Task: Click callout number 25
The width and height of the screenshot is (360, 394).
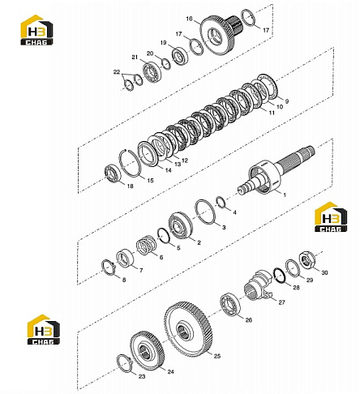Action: coord(217,356)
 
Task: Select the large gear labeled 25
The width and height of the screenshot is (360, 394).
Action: coord(188,329)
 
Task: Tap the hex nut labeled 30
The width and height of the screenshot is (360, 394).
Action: coord(306,259)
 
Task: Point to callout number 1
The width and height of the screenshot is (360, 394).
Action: coord(284,195)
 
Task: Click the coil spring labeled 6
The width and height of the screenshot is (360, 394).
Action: coord(145,245)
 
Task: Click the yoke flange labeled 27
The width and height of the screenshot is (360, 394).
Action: coord(258,285)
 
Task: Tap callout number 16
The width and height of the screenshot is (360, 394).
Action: coord(189,19)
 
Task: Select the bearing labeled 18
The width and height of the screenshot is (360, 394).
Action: coord(113,174)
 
